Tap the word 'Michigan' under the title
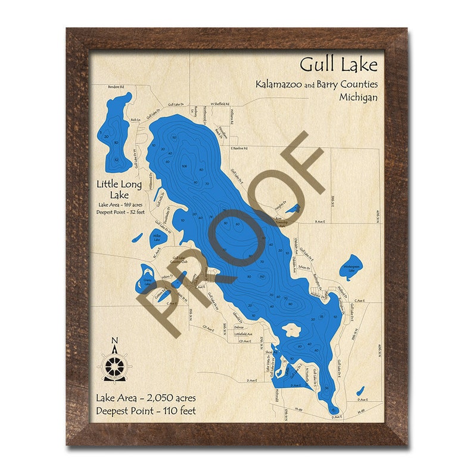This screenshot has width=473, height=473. pos(358,97)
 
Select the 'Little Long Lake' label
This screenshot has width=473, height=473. pos(119,189)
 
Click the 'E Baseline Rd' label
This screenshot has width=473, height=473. pos(242,148)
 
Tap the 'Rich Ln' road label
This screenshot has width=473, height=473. pos(135,120)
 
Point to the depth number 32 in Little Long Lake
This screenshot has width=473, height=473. pos(116,160)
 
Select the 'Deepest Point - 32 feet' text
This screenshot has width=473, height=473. pos(119,213)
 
